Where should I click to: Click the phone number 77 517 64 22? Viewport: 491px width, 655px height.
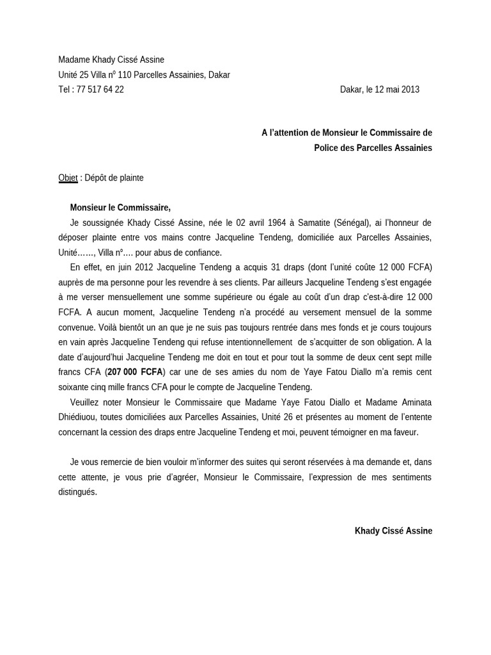(100, 90)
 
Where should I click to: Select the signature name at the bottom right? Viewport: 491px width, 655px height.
(393, 531)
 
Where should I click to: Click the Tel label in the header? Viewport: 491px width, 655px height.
(65, 90)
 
